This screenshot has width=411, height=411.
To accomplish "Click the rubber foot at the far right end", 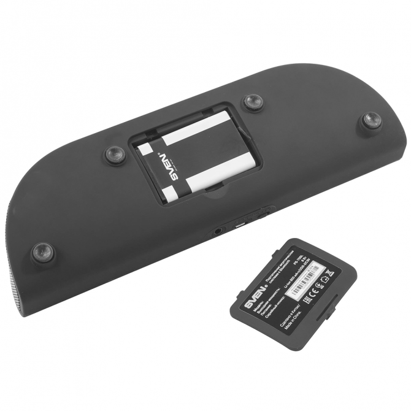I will click(371, 120).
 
